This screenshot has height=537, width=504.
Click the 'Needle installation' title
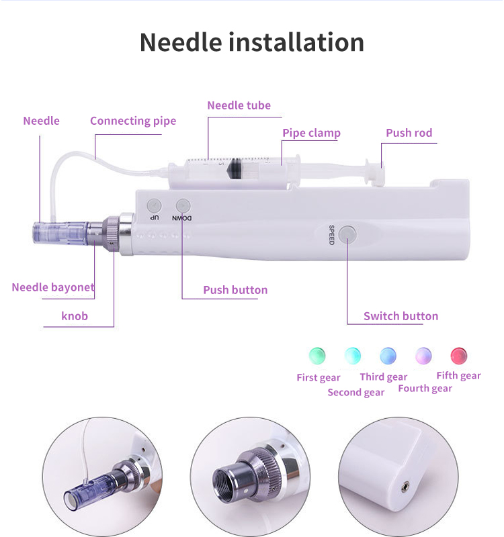click(252, 42)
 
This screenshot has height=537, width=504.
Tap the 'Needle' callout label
click(41, 121)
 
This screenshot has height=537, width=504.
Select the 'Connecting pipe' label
click(133, 121)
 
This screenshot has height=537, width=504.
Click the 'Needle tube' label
click(239, 105)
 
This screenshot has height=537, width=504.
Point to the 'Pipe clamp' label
click(311, 133)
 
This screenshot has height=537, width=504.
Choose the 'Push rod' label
click(409, 133)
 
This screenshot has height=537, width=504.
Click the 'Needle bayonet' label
click(53, 287)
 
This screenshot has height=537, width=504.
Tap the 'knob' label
click(75, 315)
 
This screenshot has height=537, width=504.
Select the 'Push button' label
click(235, 290)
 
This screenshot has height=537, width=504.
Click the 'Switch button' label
click(401, 316)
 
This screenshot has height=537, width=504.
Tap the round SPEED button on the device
click(347, 234)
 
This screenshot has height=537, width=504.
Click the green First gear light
click(317, 355)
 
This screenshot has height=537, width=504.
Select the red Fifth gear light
click(459, 355)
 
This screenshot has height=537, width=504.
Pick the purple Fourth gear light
click(423, 355)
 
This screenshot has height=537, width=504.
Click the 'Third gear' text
click(383, 377)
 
